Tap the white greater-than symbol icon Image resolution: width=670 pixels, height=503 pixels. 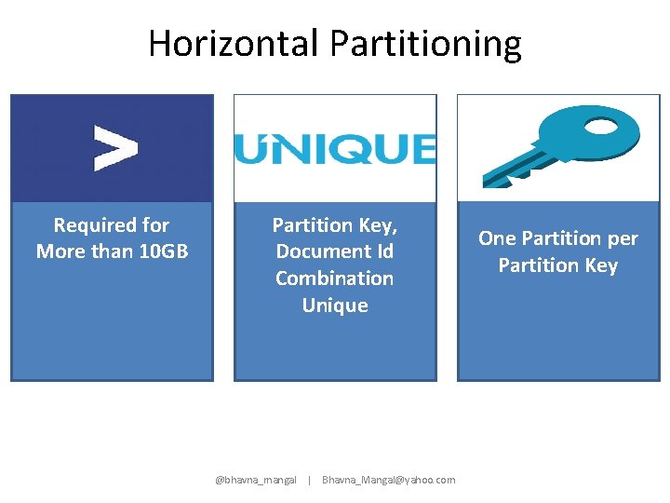pos(115,149)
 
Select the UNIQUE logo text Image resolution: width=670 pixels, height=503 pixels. pos(334,149)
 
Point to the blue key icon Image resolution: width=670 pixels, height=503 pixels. pos(559,144)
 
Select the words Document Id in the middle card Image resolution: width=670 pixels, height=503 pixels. pos(335,251)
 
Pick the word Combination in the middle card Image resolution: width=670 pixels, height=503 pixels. pos(335,279)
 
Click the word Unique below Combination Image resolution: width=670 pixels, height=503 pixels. pos(335,306)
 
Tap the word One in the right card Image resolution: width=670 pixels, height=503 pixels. pos(498,238)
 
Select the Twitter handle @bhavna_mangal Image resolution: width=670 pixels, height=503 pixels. pos(256,480)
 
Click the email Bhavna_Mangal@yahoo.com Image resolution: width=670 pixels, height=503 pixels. pos(388,480)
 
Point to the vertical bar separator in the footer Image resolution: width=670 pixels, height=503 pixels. pos(309,480)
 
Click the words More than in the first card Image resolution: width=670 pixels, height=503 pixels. pos(74,251)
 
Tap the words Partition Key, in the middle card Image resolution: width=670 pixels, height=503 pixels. pos(335,225)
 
